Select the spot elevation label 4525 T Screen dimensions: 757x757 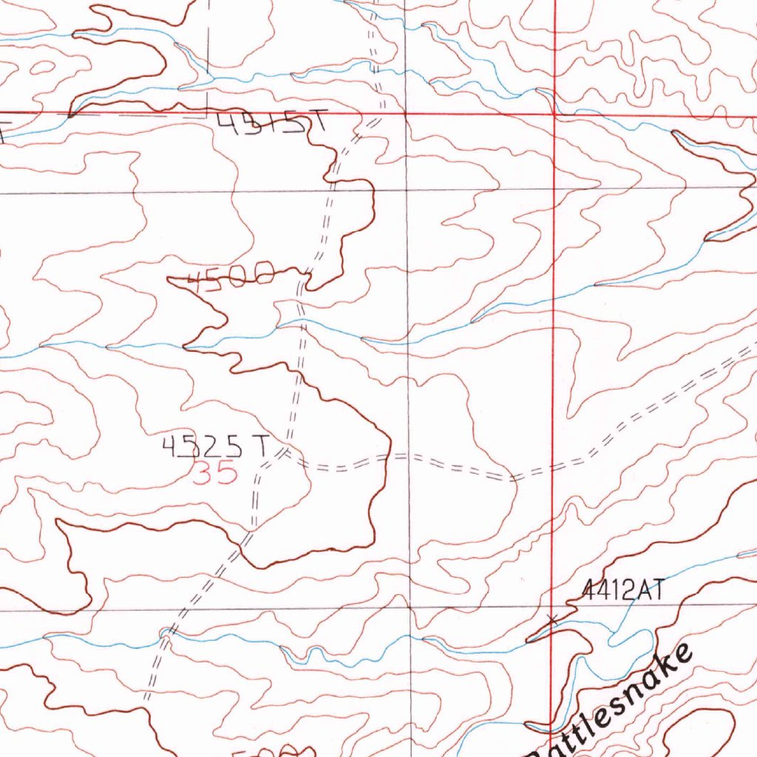(x=215, y=446)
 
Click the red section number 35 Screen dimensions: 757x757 (x=215, y=473)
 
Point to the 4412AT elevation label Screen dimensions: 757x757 (x=624, y=590)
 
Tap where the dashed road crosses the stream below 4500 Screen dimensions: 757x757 (x=299, y=321)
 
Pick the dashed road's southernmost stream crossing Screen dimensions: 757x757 (x=167, y=634)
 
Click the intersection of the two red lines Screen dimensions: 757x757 (x=554, y=115)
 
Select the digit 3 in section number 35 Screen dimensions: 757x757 (x=203, y=473)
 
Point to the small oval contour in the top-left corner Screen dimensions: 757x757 (x=43, y=67)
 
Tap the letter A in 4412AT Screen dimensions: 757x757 (x=640, y=590)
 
